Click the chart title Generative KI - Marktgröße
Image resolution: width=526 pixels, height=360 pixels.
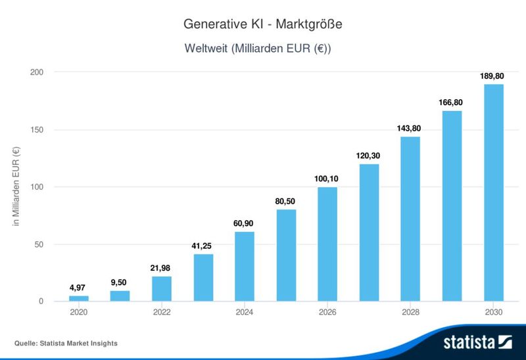[x=263, y=24]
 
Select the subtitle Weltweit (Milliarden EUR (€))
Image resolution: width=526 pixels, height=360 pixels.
[x=263, y=49]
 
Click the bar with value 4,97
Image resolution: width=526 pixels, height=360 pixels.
[x=79, y=299]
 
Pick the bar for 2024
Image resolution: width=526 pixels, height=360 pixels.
[x=245, y=267]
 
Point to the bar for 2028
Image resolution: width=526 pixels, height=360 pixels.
[x=410, y=219]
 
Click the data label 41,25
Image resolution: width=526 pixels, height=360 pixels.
[x=203, y=246]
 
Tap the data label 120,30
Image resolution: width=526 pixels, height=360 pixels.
[x=369, y=156]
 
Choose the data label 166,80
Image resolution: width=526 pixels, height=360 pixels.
[x=452, y=102]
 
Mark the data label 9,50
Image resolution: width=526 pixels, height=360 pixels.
[x=120, y=282]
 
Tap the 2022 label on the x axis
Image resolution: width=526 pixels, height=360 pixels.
[x=162, y=312]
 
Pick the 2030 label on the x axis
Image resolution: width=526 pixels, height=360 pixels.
[x=493, y=312]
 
